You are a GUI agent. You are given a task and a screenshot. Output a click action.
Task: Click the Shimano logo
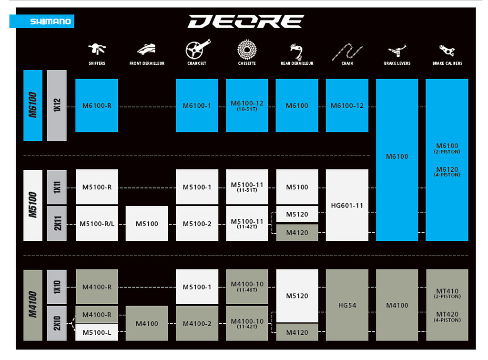(42, 21)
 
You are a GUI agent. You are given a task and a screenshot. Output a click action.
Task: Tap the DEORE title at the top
(245, 21)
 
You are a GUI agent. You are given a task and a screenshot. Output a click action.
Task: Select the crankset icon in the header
(197, 49)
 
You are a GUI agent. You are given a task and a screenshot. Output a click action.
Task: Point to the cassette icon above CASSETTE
(247, 49)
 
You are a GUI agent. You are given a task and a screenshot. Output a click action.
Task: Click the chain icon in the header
(347, 51)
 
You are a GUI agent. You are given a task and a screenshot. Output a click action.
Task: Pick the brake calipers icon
(447, 50)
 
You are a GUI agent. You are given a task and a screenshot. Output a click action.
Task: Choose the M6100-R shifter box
(97, 105)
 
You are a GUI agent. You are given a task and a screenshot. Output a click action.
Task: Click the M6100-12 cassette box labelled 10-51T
(247, 105)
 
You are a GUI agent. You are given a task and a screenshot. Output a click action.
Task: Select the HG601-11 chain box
(347, 206)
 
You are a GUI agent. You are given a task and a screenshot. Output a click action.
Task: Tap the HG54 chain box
(347, 305)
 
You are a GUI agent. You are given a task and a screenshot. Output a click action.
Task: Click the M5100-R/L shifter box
(97, 224)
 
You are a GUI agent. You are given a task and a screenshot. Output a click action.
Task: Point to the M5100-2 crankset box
(197, 224)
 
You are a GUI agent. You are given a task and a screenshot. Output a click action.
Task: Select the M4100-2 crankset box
(197, 324)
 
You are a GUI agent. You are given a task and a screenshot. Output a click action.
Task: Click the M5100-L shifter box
(97, 332)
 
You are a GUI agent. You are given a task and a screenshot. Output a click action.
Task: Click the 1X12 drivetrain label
(57, 105)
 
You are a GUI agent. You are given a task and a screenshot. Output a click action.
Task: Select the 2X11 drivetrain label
(57, 224)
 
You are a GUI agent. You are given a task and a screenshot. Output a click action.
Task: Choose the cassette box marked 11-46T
(247, 287)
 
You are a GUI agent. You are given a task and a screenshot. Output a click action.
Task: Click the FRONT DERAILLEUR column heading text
(147, 63)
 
